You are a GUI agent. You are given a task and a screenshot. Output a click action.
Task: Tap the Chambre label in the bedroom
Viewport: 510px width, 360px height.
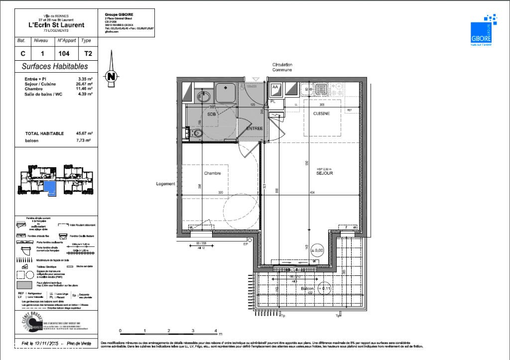tap(212, 173)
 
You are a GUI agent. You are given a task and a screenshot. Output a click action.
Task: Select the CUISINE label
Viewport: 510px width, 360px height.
tap(322, 114)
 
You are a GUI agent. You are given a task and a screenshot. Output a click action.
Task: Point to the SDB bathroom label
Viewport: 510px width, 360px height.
tap(212, 114)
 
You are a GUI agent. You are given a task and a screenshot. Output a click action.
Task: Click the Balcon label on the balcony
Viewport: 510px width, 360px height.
tap(307, 288)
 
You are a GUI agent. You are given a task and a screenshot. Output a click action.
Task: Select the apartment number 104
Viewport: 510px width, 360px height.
tap(63, 53)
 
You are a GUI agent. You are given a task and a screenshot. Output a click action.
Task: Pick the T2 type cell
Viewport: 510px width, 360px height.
tap(88, 53)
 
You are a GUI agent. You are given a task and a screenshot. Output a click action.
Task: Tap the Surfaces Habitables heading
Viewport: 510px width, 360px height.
tap(55, 66)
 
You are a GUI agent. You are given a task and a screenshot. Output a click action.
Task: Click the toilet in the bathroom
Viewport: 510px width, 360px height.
tap(197, 133)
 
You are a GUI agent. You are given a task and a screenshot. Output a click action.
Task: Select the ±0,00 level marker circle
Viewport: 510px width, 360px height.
tap(317, 250)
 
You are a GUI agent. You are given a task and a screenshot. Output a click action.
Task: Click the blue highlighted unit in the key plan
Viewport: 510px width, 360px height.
tap(50, 188)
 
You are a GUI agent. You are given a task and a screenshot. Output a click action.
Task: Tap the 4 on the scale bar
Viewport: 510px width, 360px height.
tap(216, 331)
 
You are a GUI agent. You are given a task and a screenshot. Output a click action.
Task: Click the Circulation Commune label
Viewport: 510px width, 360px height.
tap(282, 67)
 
